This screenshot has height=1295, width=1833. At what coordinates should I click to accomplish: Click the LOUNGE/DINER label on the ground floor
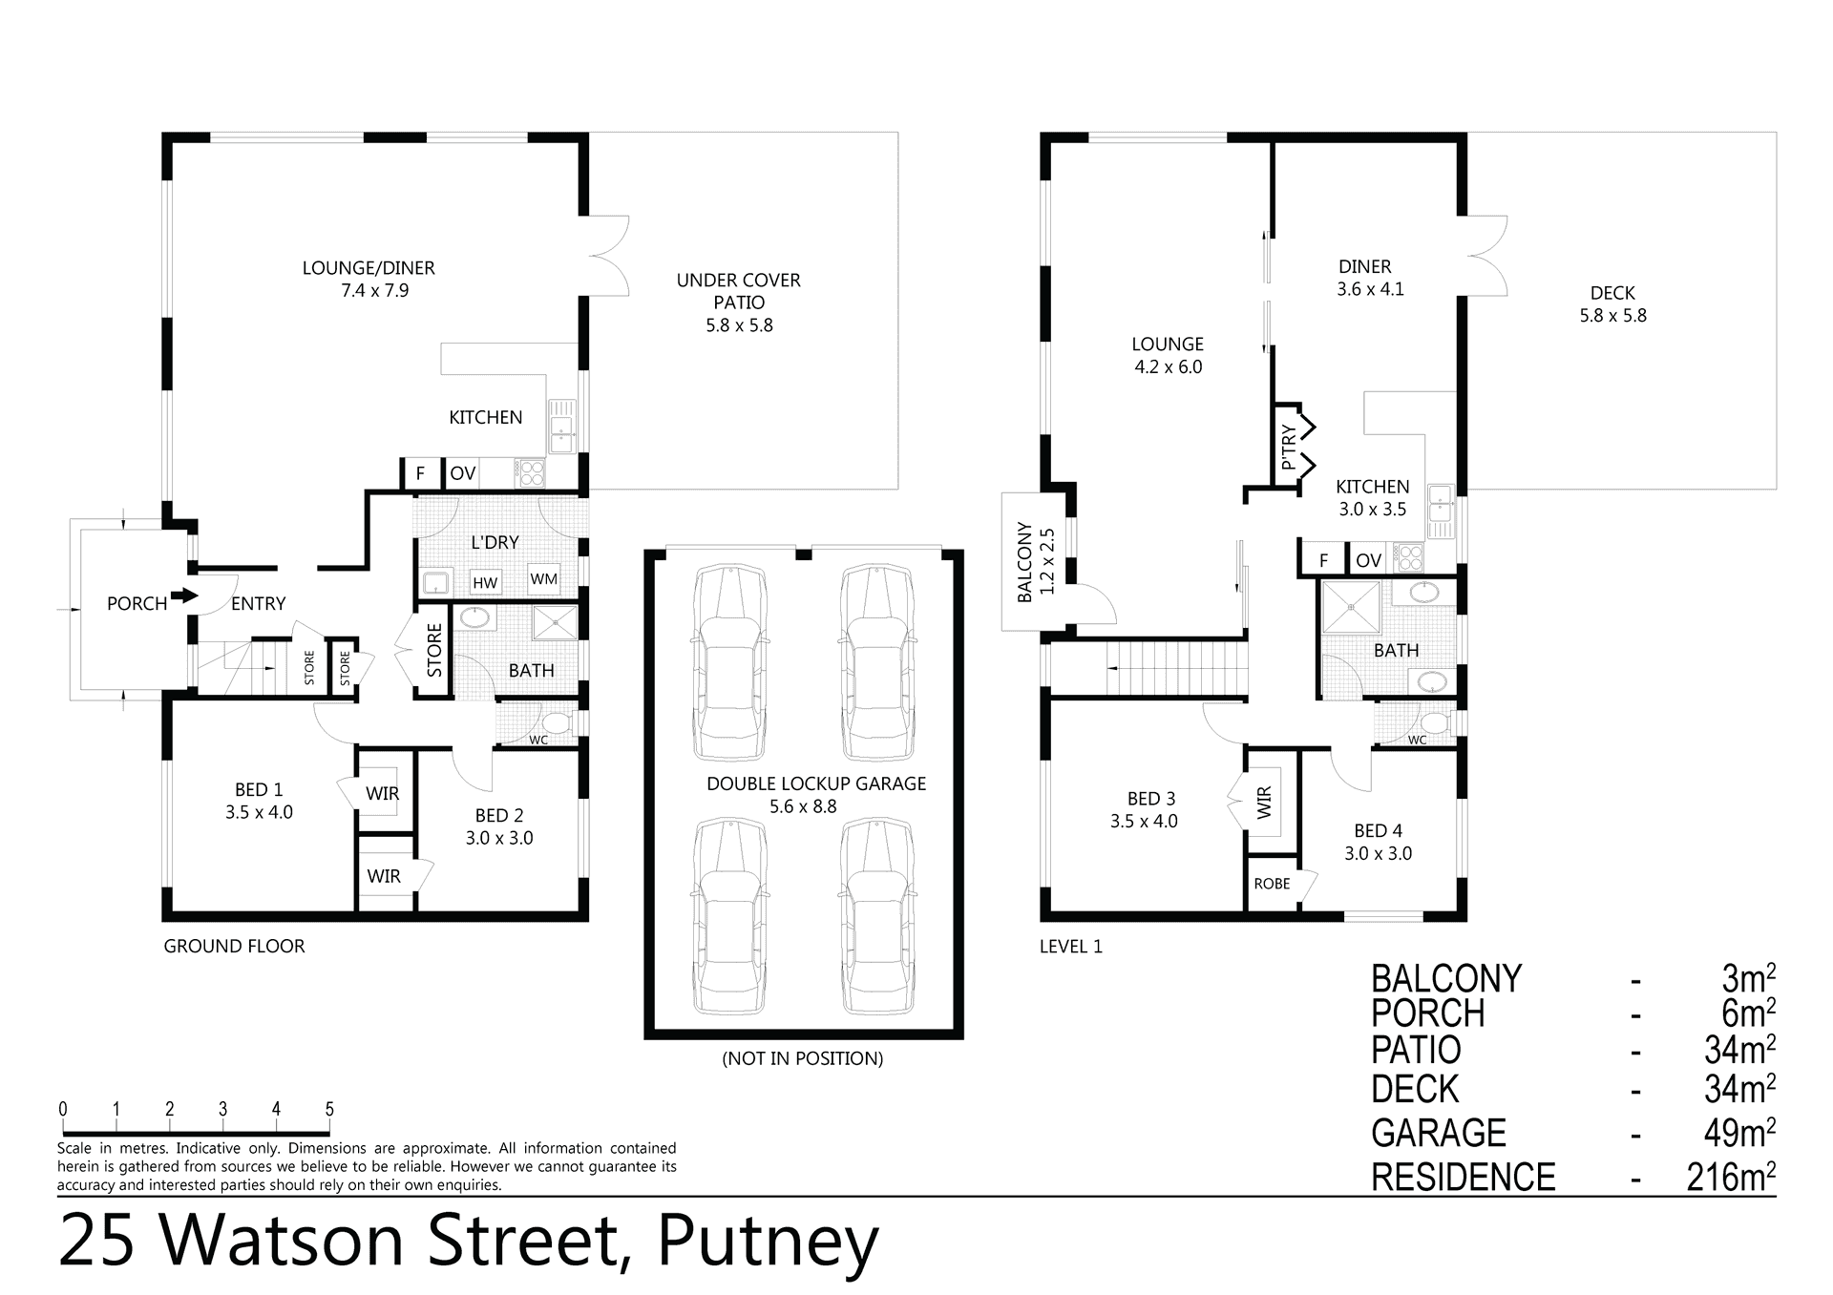pyautogui.click(x=369, y=268)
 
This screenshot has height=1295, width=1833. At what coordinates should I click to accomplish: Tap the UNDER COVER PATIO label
pyautogui.click(x=739, y=291)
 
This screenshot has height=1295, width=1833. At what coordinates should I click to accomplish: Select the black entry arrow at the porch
pyautogui.click(x=184, y=595)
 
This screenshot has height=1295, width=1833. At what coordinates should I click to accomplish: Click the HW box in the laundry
pyautogui.click(x=485, y=582)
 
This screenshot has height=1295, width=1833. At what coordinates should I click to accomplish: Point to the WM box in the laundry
pyautogui.click(x=544, y=578)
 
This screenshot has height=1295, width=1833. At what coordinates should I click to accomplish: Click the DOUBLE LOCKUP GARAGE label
pyautogui.click(x=816, y=783)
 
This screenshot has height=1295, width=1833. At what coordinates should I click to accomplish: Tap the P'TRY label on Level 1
pyautogui.click(x=1288, y=447)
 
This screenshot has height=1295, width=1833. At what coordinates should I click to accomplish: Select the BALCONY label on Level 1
pyautogui.click(x=1024, y=561)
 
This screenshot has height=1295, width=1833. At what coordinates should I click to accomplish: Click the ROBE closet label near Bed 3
pyautogui.click(x=1272, y=884)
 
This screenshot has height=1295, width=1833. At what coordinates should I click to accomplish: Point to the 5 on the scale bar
pyautogui.click(x=329, y=1109)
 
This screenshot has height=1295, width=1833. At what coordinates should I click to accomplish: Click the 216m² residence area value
pyautogui.click(x=1731, y=1177)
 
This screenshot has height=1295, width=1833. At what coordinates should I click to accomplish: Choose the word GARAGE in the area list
pyautogui.click(x=1439, y=1133)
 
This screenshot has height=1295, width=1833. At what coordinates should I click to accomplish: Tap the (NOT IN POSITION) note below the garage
pyautogui.click(x=803, y=1058)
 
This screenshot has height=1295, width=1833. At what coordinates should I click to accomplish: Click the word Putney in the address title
pyautogui.click(x=768, y=1243)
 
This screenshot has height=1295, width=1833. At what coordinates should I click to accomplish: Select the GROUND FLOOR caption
pyautogui.click(x=235, y=946)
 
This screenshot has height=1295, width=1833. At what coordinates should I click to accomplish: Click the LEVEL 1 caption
pyautogui.click(x=1071, y=947)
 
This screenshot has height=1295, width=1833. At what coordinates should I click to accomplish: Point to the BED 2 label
pyautogui.click(x=499, y=816)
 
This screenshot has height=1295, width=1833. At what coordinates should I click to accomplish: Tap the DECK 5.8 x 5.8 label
pyautogui.click(x=1612, y=304)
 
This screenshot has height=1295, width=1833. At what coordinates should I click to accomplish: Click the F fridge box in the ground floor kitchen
pyautogui.click(x=420, y=473)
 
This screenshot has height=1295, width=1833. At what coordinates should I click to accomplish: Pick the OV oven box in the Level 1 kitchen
pyautogui.click(x=1368, y=560)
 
